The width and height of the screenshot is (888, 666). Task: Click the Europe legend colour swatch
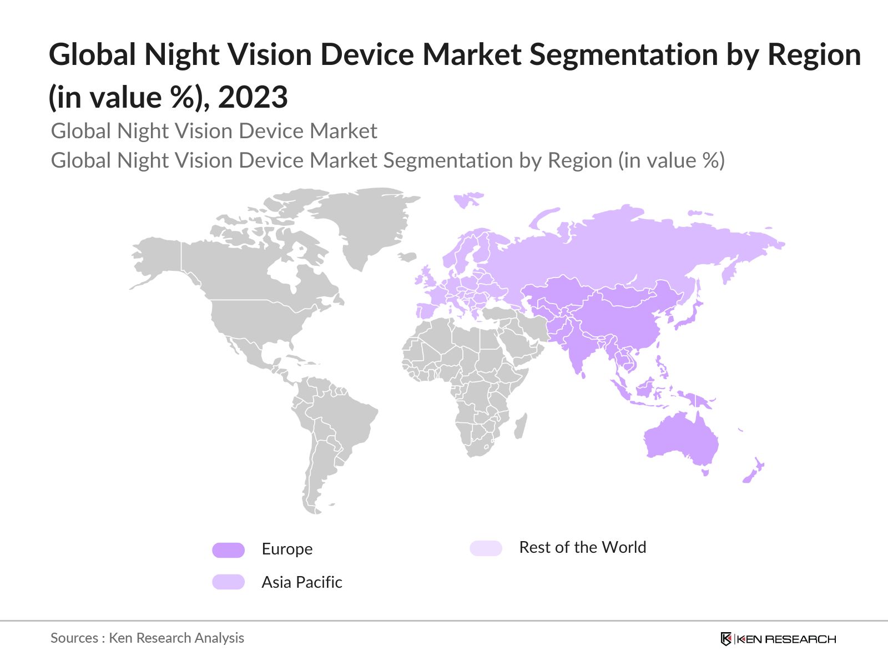coord(228,550)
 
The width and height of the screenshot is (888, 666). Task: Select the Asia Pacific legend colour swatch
coord(228,582)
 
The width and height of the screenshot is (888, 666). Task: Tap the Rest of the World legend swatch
coord(486,548)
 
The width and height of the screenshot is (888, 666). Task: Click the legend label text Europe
coord(287,549)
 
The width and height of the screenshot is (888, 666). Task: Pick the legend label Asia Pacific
coord(302,582)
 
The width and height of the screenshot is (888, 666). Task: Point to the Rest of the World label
coord(582,547)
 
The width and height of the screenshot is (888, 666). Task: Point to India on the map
coord(577,350)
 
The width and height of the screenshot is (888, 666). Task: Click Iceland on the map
coord(407,257)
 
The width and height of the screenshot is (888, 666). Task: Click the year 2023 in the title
coord(253,97)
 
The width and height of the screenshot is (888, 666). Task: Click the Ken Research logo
coord(778,639)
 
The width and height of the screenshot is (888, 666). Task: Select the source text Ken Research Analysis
coord(176,638)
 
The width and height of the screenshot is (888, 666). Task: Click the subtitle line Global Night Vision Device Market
coord(214,131)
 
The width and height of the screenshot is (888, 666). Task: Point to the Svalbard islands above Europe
coord(467,199)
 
